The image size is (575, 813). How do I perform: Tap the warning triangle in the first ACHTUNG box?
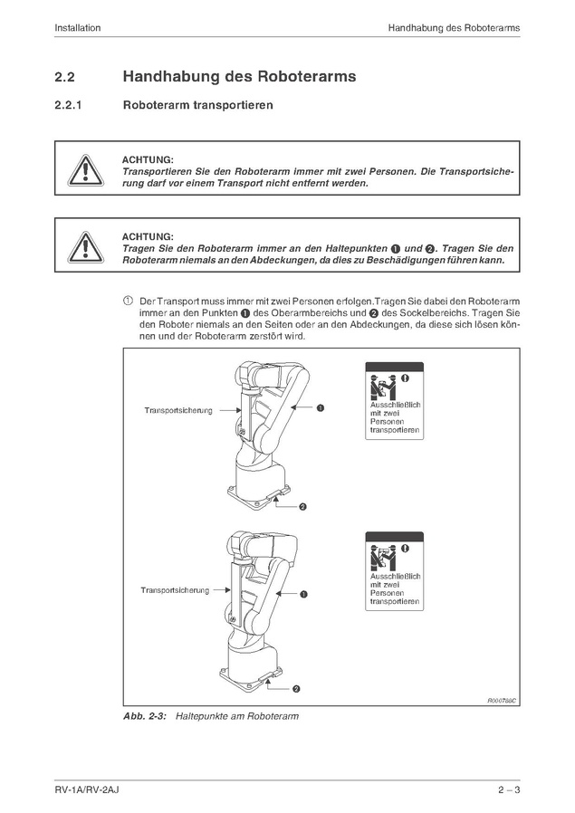tap(83, 168)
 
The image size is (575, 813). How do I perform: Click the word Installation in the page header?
tap(77, 28)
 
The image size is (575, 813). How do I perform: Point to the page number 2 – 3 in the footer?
tap(509, 790)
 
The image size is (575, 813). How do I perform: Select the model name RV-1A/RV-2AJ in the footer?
tap(87, 790)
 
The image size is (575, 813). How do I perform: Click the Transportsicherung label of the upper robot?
tap(178, 411)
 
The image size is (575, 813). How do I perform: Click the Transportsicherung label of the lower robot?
tap(175, 590)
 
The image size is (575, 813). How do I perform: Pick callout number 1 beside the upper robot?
tap(320, 408)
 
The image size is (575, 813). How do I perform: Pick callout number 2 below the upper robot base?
tap(302, 505)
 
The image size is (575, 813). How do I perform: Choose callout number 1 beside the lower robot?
tap(302, 595)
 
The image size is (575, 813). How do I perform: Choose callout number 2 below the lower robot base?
tap(295, 689)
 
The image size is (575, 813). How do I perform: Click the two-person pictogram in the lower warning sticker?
tap(381, 556)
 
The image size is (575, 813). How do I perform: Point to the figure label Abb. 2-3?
tap(145, 716)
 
